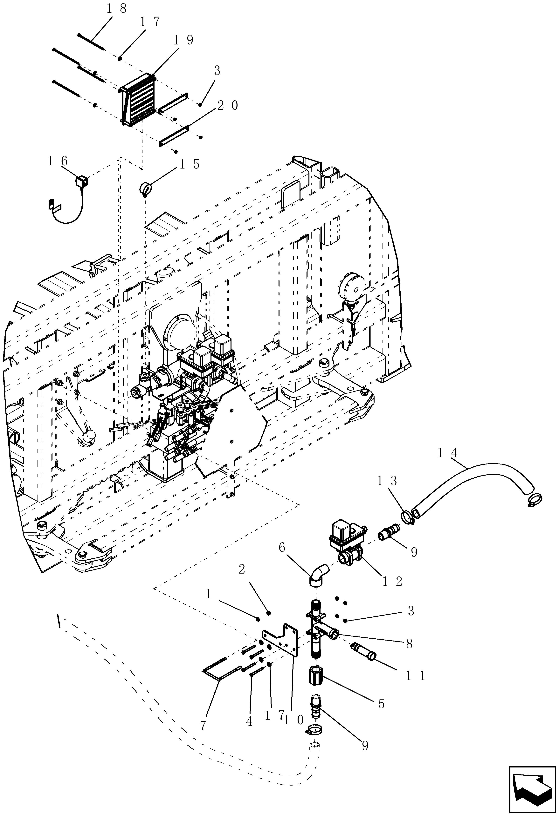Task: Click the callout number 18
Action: [x=116, y=9]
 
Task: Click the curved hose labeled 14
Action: [x=471, y=486]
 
